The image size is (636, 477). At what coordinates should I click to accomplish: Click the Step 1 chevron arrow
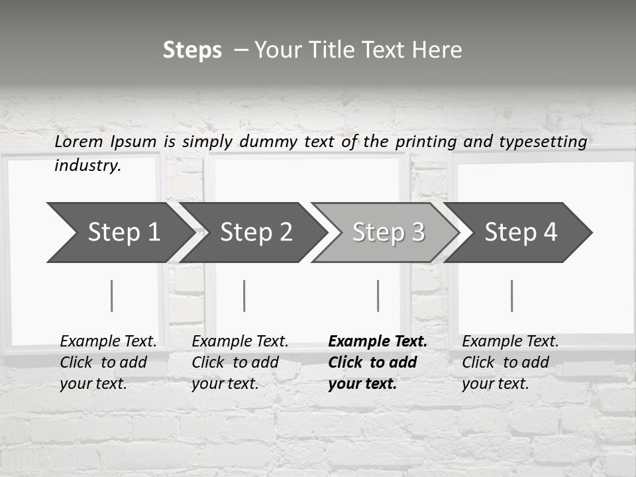pos(119,233)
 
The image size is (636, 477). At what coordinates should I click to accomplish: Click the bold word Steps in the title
pos(192,50)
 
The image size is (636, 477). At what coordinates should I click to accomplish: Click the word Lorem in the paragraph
pos(79,141)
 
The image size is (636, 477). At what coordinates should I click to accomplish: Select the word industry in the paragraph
pos(87,166)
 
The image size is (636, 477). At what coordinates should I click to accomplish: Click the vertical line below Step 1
pos(112,295)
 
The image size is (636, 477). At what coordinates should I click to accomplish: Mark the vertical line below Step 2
pos(244,295)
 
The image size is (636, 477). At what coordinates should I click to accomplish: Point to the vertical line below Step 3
pos(378,295)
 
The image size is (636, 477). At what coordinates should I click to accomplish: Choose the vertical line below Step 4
pos(512,295)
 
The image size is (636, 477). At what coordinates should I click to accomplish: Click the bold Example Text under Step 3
pos(378,342)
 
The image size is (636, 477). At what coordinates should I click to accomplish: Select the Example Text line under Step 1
pos(108,342)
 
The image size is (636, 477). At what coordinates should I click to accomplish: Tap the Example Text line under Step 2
pos(240,342)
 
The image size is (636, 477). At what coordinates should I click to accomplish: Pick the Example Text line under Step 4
pos(510,342)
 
